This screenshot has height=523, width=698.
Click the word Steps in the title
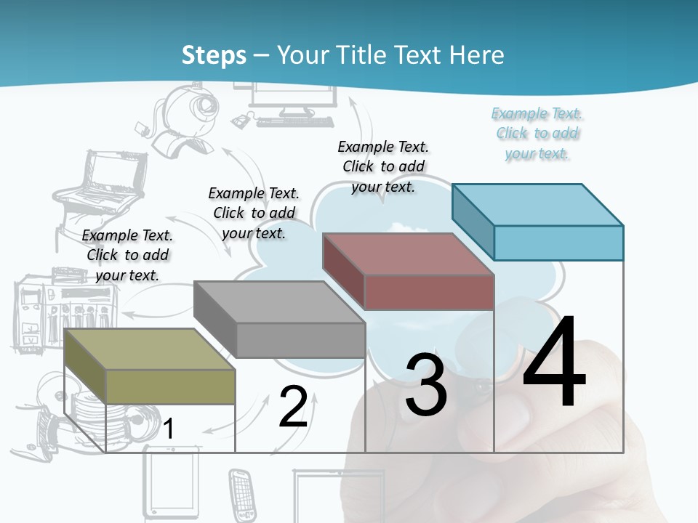[214, 55]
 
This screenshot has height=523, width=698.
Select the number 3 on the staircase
[426, 385]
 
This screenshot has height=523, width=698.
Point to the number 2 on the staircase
[293, 406]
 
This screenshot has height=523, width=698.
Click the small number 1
[168, 429]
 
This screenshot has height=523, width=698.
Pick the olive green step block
[149, 367]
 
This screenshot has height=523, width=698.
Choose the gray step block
[280, 320]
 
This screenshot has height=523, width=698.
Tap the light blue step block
[538, 222]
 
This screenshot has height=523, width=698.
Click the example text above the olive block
[127, 255]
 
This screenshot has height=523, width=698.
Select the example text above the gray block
[254, 213]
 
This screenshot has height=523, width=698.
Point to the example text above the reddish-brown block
[383, 166]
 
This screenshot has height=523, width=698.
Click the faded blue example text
[537, 133]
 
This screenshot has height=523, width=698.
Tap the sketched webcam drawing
[178, 120]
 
